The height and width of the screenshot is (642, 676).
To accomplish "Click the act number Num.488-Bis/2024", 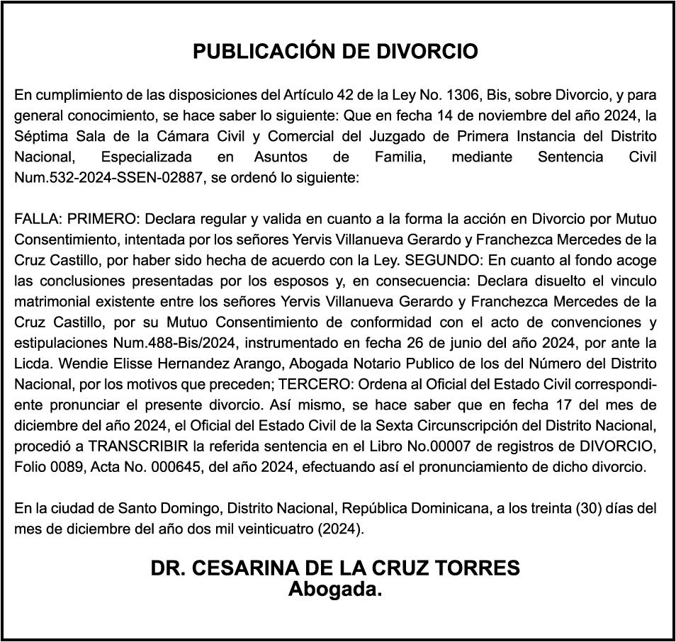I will [177, 343].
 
